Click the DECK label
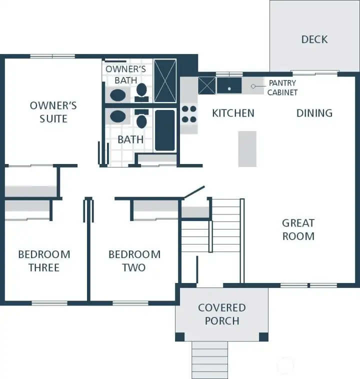(x=314, y=39)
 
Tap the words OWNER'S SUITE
(x=53, y=112)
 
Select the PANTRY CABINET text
(x=282, y=87)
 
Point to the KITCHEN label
(x=233, y=113)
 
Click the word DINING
(x=314, y=113)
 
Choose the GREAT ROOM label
(x=298, y=229)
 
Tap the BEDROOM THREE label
(x=44, y=260)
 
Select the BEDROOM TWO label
(x=134, y=260)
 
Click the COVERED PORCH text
(x=222, y=314)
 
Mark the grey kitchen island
(x=247, y=148)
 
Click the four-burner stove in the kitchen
(x=189, y=113)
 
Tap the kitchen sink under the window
(x=229, y=85)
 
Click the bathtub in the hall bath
(x=165, y=130)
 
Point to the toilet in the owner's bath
(x=141, y=90)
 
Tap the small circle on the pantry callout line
(x=253, y=86)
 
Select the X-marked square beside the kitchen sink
(x=206, y=85)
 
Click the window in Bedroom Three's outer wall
(x=49, y=303)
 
